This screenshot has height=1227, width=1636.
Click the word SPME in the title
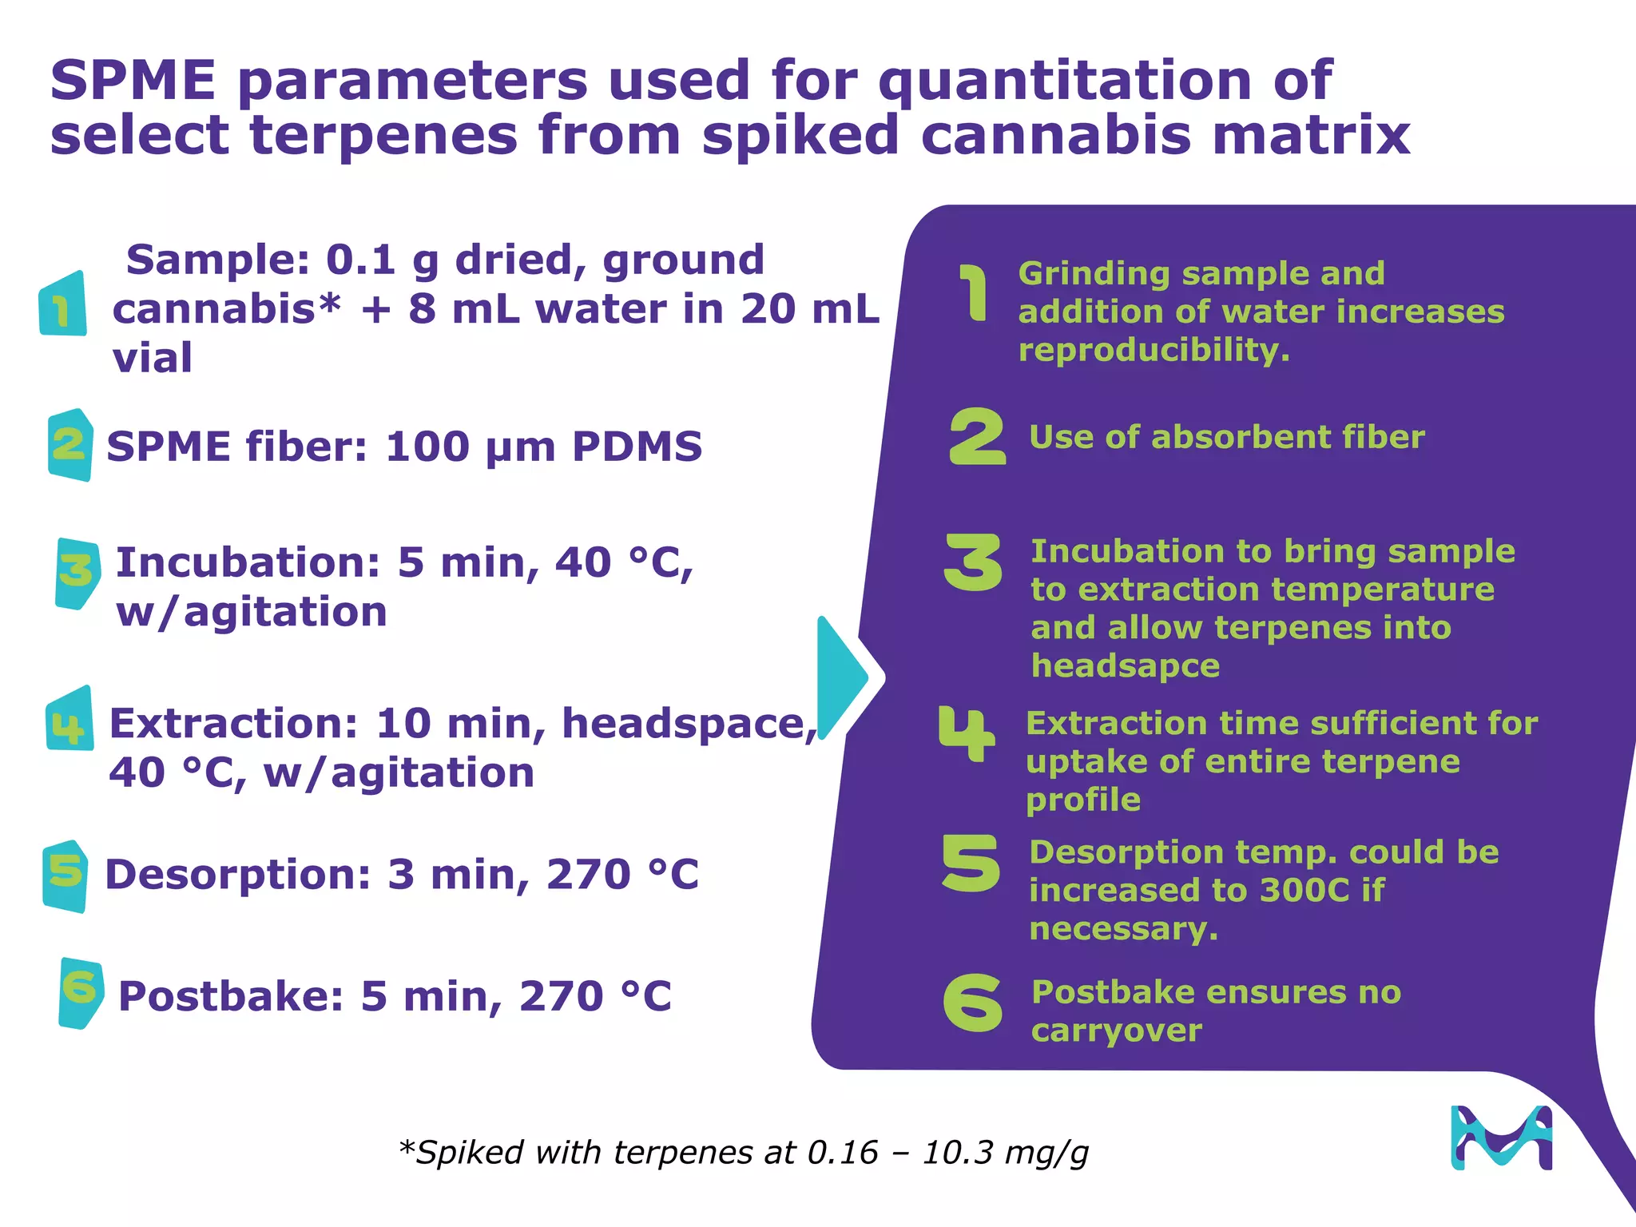pos(133,81)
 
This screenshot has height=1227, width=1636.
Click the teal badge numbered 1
pos(63,304)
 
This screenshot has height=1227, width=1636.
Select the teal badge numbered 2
pos(69,444)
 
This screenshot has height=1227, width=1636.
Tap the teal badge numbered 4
pos(69,720)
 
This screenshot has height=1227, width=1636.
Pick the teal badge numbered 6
pos(81,992)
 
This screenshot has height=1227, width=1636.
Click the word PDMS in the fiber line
pos(637,447)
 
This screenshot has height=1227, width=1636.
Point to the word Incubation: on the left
pos(248,562)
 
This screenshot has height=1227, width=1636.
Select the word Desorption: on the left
pos(238,874)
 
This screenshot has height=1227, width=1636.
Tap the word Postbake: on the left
pos(231,996)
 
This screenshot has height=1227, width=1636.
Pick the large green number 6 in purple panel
pos(972,1003)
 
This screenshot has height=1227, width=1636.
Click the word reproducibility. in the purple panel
pos(1154,350)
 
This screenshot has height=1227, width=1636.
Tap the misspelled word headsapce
pos(1125,665)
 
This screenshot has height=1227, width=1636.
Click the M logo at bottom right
pos(1501,1138)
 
